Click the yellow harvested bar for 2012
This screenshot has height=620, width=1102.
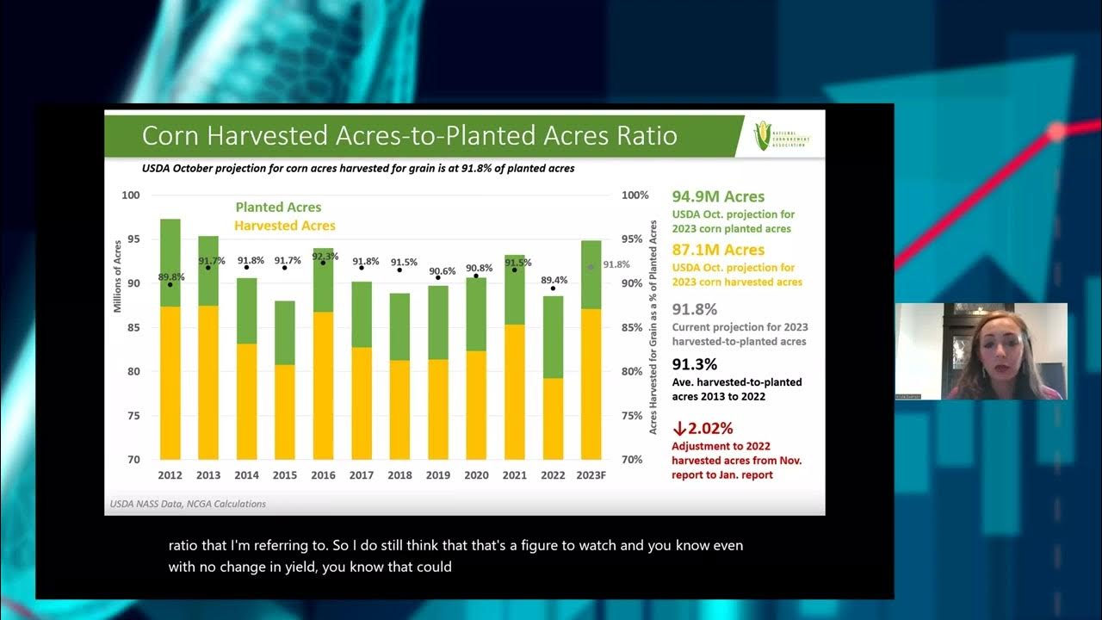click(170, 383)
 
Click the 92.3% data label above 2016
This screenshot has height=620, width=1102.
click(324, 257)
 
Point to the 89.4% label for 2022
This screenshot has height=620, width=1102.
click(553, 280)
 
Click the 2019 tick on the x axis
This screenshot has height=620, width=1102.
click(438, 475)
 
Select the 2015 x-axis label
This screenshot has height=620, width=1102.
click(285, 475)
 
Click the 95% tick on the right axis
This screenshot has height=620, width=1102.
click(635, 239)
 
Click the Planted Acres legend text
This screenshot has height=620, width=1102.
click(278, 208)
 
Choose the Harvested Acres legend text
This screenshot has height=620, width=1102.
click(285, 226)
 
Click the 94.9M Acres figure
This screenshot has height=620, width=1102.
click(718, 197)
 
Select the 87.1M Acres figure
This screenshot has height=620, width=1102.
click(718, 250)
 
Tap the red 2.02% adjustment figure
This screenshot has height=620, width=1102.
click(703, 427)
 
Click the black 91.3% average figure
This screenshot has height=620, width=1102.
click(694, 364)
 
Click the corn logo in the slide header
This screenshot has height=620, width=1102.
click(762, 135)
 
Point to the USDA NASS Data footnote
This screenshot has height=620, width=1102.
click(188, 504)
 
